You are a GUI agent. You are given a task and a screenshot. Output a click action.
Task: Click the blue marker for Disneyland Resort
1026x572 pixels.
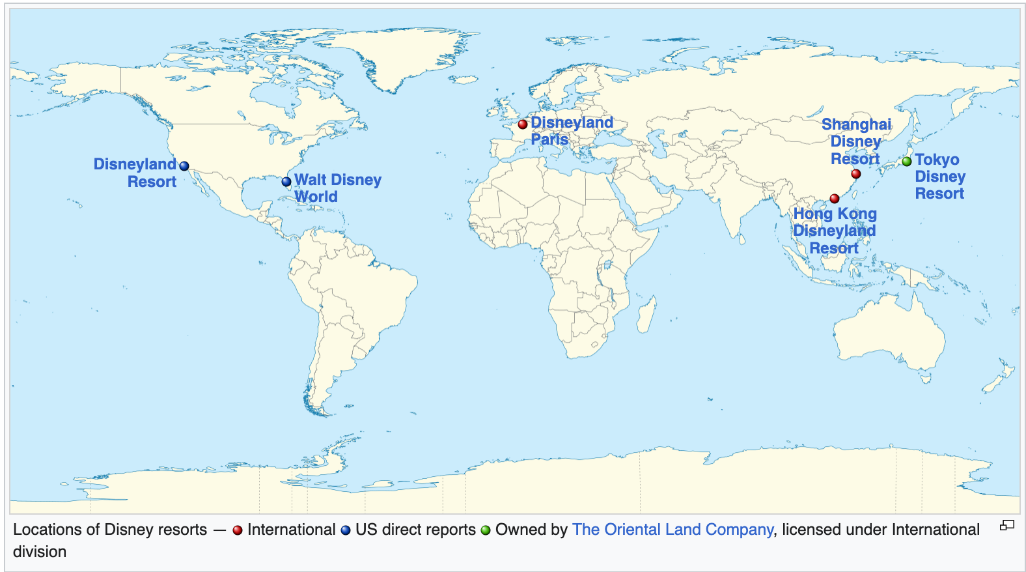click(184, 166)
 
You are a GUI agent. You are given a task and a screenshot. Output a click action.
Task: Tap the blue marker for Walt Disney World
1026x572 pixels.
click(286, 182)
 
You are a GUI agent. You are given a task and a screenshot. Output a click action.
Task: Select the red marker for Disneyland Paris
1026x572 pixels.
click(523, 124)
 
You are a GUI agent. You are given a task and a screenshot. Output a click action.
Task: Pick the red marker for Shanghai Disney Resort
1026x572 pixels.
click(856, 174)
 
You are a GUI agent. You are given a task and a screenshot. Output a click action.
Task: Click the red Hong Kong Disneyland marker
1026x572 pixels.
click(835, 199)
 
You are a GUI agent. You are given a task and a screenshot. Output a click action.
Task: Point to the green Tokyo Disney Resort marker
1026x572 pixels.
click(907, 162)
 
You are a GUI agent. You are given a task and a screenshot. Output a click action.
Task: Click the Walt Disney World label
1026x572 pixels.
click(337, 188)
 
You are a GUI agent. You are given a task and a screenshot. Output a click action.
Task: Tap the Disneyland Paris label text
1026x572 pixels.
click(572, 130)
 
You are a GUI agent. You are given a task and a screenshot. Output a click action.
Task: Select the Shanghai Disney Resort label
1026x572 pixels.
click(855, 141)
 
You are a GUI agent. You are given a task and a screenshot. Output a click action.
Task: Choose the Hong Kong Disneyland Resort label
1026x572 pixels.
click(835, 231)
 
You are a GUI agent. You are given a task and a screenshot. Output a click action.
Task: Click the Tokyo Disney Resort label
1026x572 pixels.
click(939, 177)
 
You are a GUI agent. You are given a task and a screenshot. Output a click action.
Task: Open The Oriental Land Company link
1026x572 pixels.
click(672, 530)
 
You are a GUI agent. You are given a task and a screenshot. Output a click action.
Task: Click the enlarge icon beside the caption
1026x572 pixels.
click(1007, 525)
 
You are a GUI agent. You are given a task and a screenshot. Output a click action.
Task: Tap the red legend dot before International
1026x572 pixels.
click(238, 530)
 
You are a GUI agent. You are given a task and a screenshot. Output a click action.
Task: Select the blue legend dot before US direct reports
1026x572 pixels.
click(346, 530)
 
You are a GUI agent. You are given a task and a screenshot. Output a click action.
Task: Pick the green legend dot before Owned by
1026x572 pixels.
click(486, 530)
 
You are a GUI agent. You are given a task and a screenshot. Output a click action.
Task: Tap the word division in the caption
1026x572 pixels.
click(40, 552)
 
